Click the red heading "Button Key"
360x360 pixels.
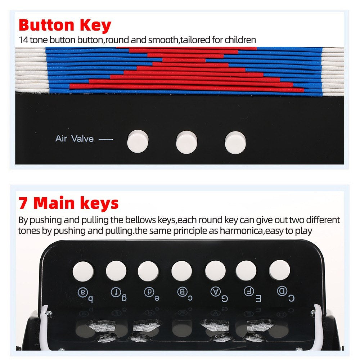[65, 25]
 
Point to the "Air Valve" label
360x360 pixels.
[75, 139]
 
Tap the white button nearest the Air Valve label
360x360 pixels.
[138, 141]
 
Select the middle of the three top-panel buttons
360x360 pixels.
[186, 142]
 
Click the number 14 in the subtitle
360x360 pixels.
[23, 40]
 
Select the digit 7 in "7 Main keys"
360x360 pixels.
[23, 203]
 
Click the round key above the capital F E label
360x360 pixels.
[246, 271]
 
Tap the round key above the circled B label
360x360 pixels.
[181, 271]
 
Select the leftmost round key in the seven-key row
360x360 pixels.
[83, 271]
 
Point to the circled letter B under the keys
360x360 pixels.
[182, 292]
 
